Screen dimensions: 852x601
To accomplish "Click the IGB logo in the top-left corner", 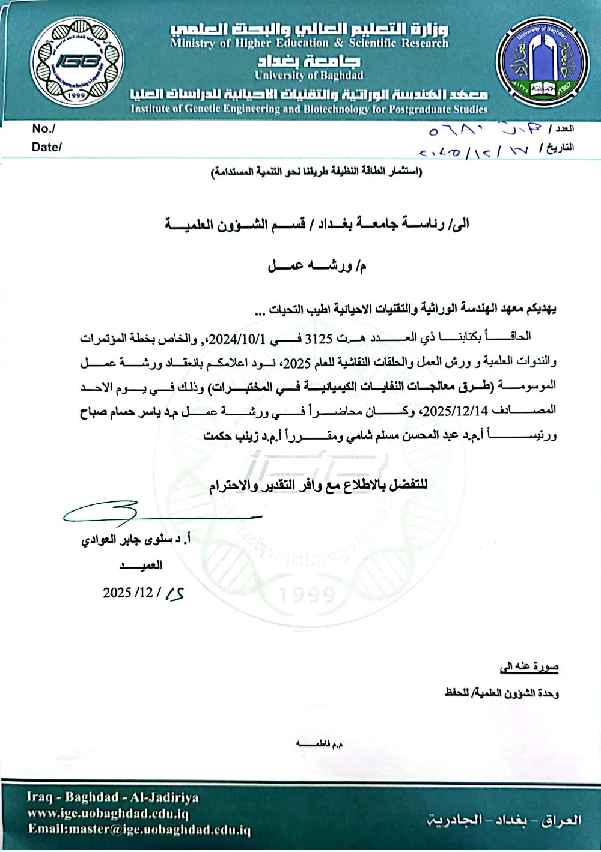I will (x=77, y=61).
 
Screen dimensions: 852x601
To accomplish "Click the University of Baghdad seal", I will (x=543, y=62).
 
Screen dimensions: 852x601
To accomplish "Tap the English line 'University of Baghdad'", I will (x=309, y=76).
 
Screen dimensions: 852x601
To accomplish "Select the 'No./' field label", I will (x=43, y=128).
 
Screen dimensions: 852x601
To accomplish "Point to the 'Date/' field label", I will (x=46, y=147).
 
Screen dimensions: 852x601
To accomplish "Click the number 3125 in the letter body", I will (x=319, y=339).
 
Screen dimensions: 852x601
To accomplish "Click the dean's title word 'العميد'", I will (x=141, y=565).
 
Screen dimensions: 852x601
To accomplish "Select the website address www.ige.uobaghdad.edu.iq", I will (x=108, y=814).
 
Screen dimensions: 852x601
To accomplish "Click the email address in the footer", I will (x=139, y=830).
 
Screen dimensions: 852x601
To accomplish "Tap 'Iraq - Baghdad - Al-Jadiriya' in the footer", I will (x=112, y=797).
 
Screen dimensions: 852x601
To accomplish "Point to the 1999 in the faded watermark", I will (x=307, y=594).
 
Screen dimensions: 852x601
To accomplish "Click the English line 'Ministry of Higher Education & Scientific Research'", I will (x=309, y=43).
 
